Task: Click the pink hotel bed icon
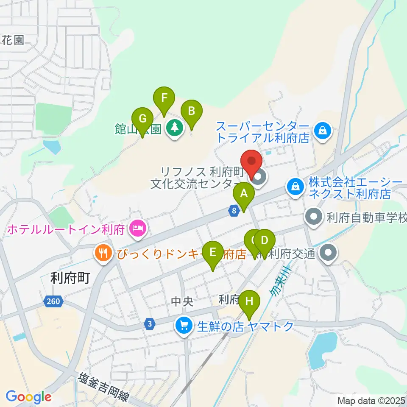138,229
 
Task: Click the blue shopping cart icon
184,326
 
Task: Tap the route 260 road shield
54,302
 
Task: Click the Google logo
28,397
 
